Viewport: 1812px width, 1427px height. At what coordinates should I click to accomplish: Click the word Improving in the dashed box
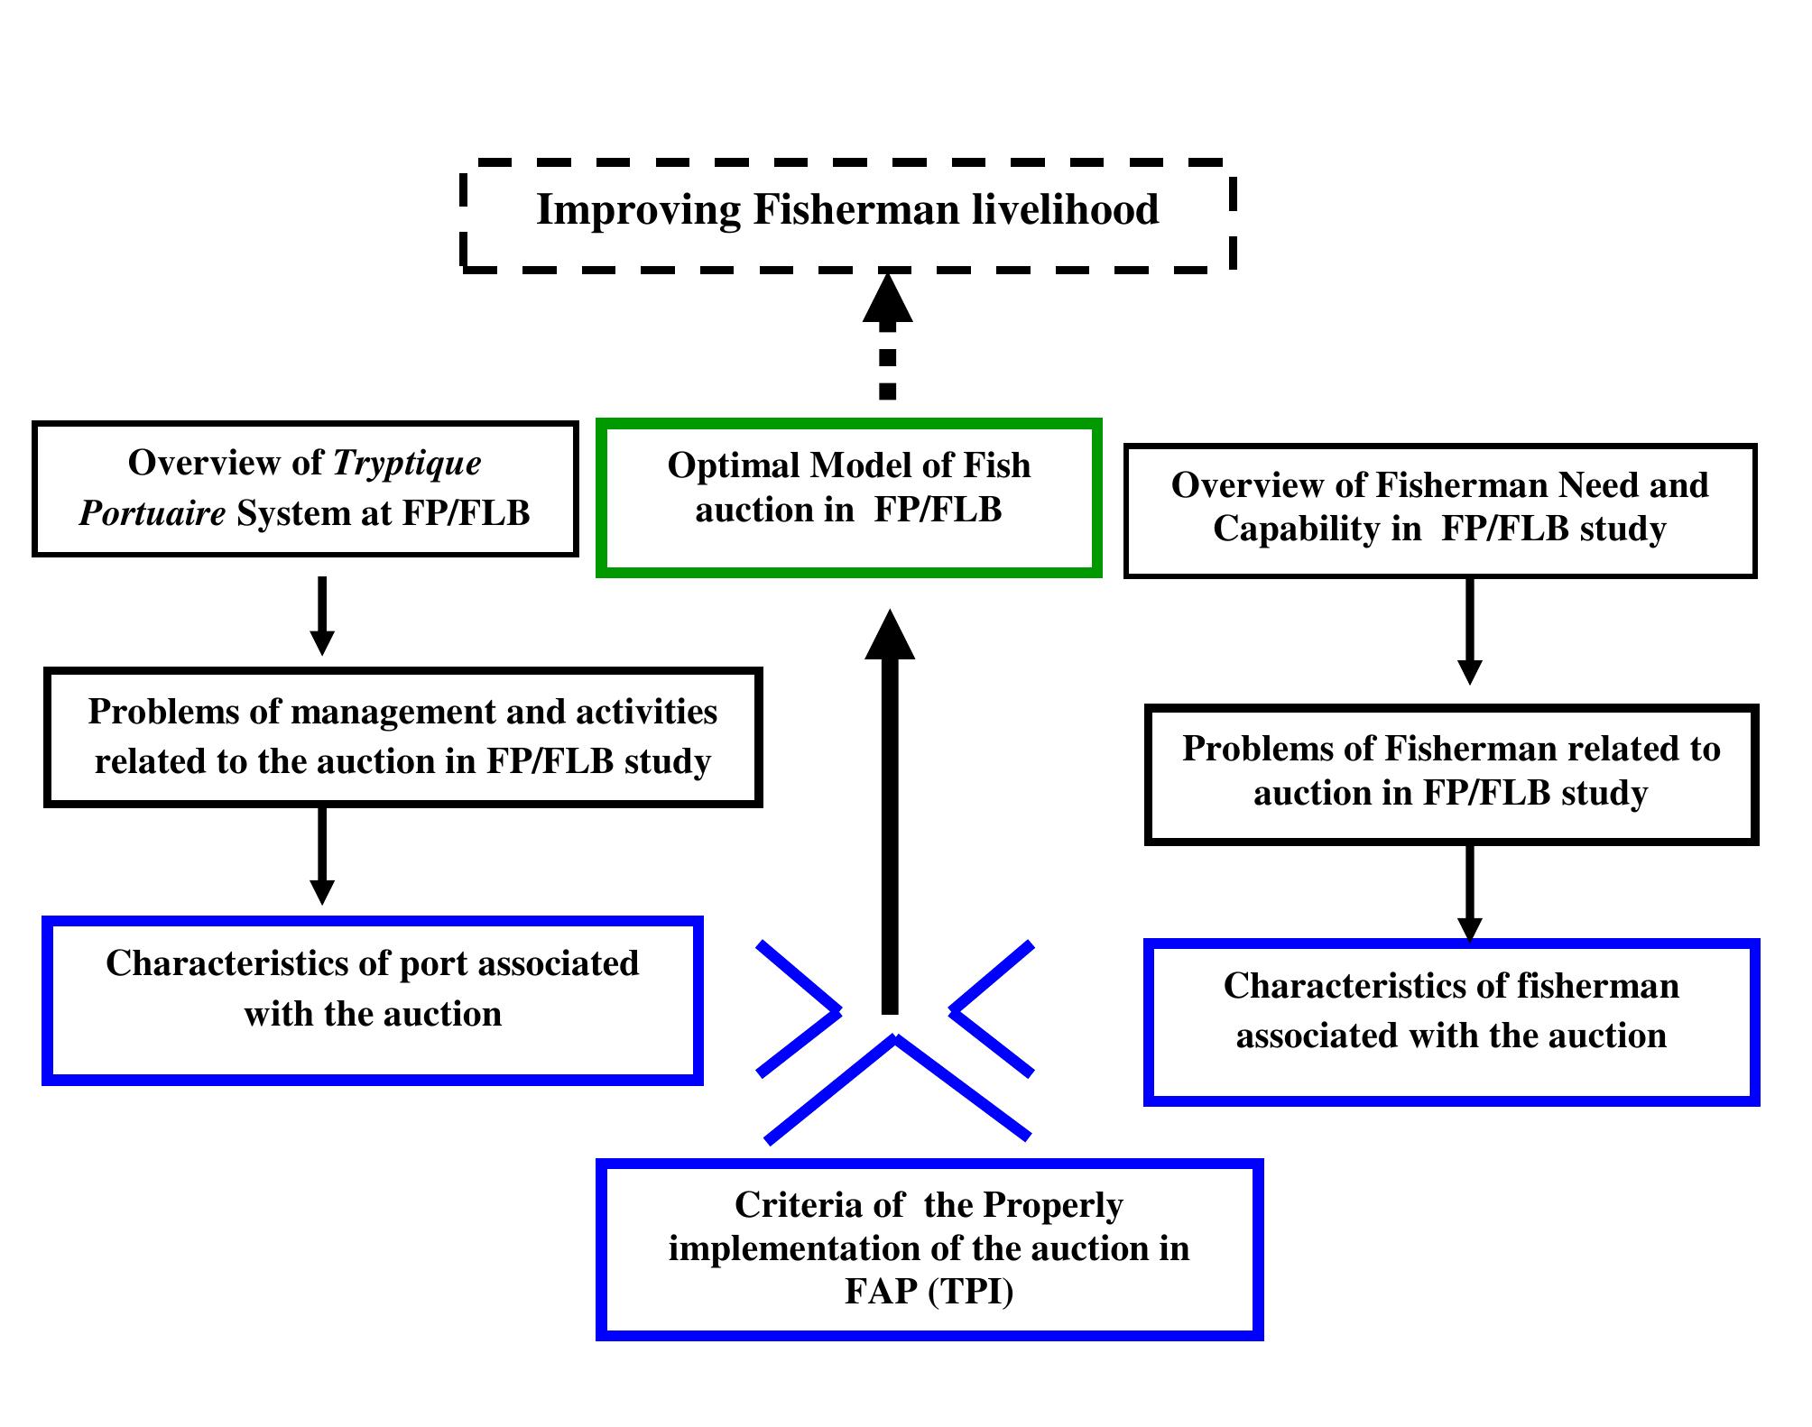click(638, 210)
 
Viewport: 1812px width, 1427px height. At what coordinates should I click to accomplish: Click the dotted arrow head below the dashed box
click(888, 299)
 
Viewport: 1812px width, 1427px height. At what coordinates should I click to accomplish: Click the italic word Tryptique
click(407, 463)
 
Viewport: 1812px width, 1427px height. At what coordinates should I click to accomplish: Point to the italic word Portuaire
click(152, 513)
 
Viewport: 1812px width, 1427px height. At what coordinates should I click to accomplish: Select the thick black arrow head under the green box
click(890, 636)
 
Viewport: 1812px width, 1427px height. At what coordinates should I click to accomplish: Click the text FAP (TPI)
click(929, 1292)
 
